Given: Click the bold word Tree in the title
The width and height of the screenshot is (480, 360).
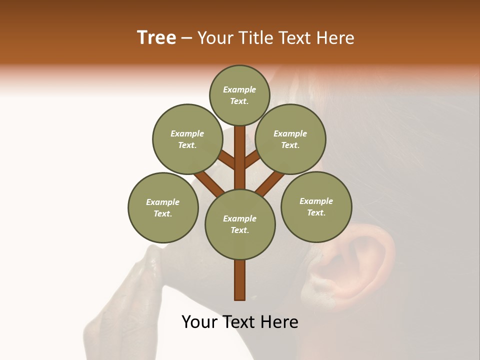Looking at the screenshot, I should (156, 38).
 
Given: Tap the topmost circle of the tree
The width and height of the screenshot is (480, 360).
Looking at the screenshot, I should (239, 95).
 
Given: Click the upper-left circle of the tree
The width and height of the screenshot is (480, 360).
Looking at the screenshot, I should (187, 139).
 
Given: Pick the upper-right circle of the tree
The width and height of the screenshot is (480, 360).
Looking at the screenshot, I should (290, 139).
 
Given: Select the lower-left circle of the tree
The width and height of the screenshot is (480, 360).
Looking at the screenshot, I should (162, 207).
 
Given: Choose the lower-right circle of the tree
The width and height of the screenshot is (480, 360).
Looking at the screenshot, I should (316, 206).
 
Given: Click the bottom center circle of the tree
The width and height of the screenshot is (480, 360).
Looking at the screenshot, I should (240, 224).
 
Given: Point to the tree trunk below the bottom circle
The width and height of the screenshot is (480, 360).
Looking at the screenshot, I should (240, 280).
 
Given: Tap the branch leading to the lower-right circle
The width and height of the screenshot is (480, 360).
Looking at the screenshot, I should (270, 182).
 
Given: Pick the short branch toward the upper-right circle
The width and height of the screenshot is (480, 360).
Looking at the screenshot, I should (252, 159).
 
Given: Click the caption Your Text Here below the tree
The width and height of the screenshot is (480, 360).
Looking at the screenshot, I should (240, 322).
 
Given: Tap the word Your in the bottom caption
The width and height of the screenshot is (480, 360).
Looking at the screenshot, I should (199, 322).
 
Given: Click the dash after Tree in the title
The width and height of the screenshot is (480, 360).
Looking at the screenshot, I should (186, 38).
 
